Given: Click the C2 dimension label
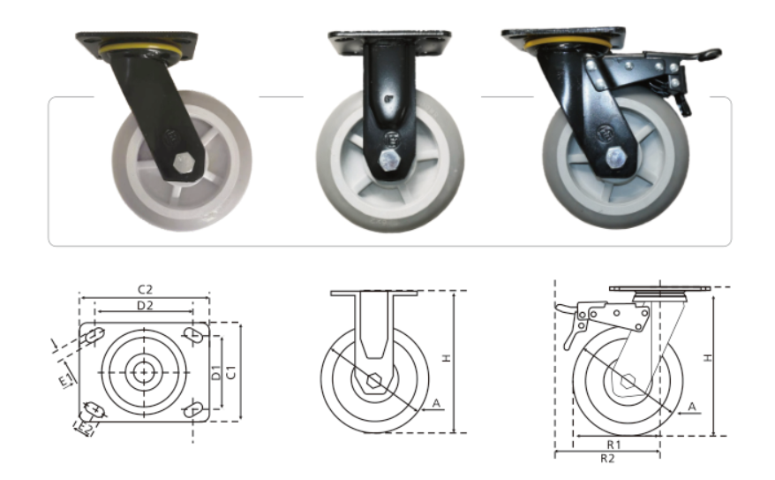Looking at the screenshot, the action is point(145,289).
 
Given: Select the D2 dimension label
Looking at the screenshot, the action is point(145,306).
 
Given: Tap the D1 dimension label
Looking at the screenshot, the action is point(216,373).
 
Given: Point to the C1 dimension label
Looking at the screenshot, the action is point(230,372).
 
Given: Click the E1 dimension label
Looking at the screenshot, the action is point(66,380).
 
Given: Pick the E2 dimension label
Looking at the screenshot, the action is point(85,428).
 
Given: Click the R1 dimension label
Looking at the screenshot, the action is point(613,445).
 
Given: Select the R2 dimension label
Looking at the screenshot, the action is point(607,459).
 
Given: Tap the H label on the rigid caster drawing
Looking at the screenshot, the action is point(447,358).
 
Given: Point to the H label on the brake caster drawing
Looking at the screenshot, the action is point(708,357).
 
